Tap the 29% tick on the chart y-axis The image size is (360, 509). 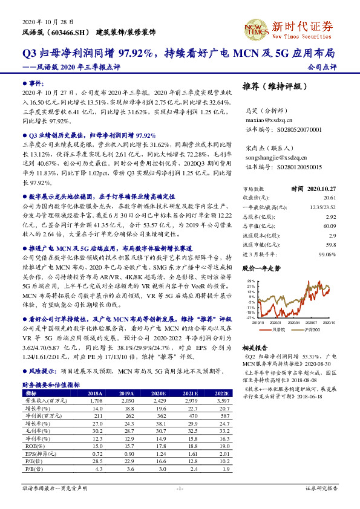point(250,282)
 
